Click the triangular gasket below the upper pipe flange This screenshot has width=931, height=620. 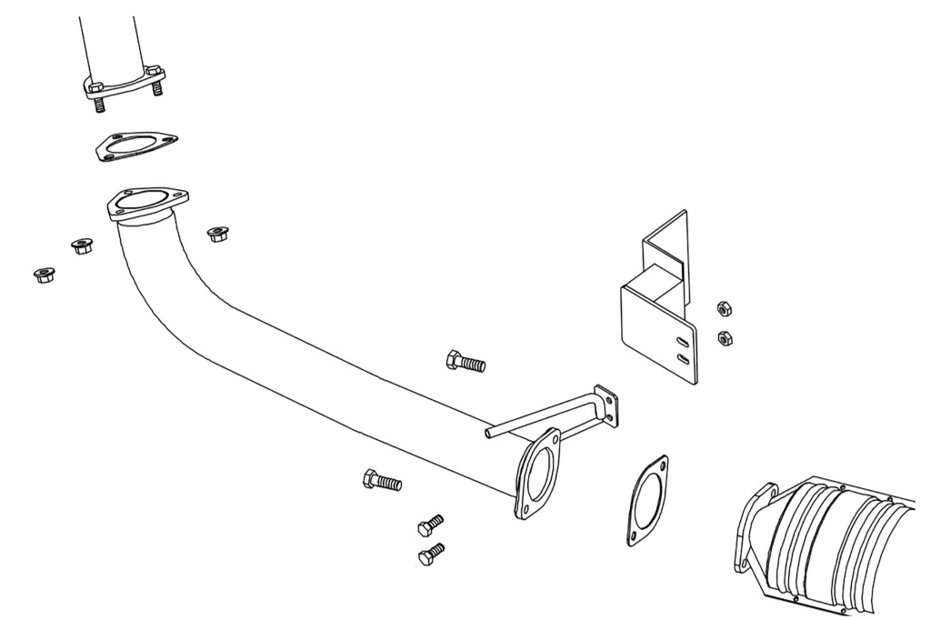click(136, 145)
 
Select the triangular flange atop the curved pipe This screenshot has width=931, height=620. click(146, 204)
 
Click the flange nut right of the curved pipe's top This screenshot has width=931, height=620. click(216, 234)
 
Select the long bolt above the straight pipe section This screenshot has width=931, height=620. click(465, 362)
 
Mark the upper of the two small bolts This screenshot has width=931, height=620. click(430, 525)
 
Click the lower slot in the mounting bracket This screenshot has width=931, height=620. click(681, 360)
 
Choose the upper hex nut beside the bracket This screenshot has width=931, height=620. click(724, 307)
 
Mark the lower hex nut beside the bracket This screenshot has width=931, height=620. click(725, 338)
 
